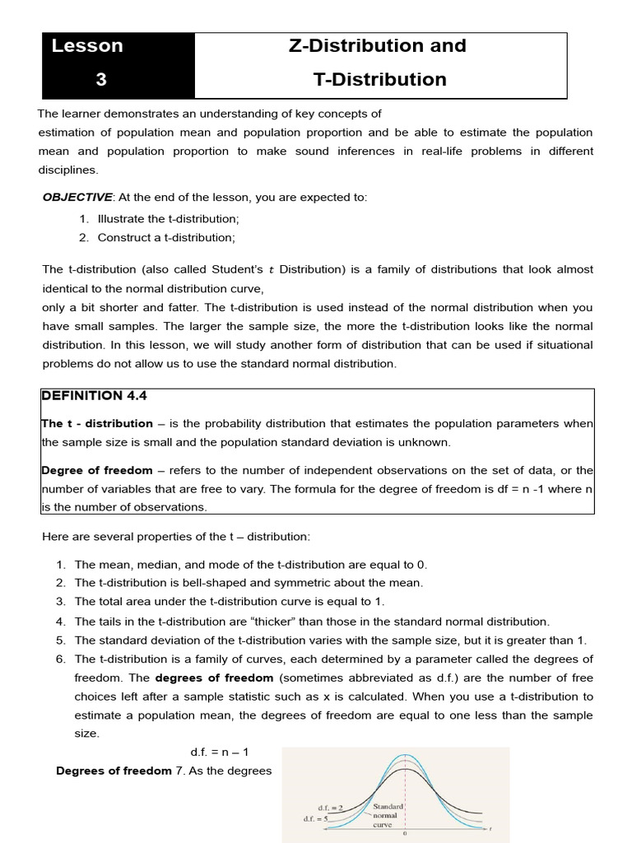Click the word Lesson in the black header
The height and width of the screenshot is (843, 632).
point(87,46)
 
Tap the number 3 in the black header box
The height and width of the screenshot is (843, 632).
point(101,80)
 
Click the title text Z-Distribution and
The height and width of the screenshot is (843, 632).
point(378,46)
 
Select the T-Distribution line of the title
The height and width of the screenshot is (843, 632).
point(379,80)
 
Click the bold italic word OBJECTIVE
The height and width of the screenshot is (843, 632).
point(77,198)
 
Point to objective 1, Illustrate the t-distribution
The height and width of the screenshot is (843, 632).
point(168,219)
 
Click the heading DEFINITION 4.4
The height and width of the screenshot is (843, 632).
point(93,396)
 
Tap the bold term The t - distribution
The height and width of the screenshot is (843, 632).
point(97,423)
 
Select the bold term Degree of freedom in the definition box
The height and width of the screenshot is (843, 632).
point(97,470)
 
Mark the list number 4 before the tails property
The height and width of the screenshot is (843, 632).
point(61,622)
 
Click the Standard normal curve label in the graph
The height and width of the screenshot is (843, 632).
point(388,815)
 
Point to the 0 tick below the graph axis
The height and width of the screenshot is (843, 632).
point(404,834)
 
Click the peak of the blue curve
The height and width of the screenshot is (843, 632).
point(404,755)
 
